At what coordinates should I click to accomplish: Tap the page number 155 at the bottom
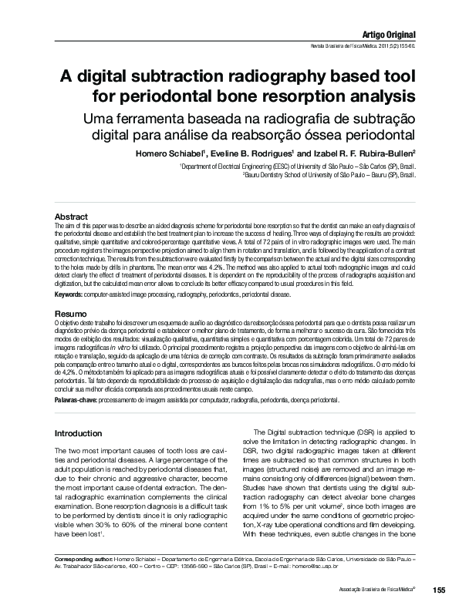tap(440, 590)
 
